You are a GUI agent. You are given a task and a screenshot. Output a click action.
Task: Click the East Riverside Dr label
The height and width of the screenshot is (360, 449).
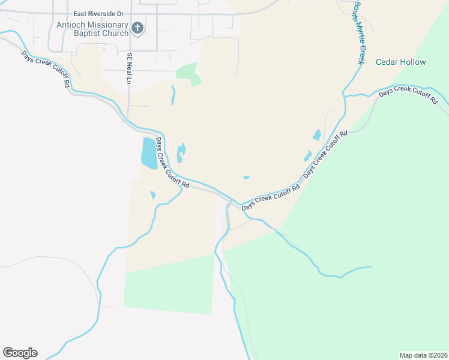click(98, 13)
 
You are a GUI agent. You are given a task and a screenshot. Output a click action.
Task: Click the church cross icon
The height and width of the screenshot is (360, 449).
click(137, 28)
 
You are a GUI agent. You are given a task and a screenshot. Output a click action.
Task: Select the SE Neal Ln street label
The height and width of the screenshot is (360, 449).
click(128, 68)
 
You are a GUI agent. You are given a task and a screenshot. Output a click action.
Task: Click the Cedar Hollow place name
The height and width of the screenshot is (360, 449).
click(400, 62)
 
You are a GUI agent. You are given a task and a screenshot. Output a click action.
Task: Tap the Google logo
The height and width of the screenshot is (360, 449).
click(20, 353)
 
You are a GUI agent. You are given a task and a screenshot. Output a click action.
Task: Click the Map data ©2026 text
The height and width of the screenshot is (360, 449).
click(423, 355)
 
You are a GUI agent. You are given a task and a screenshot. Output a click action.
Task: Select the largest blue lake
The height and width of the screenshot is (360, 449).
click(148, 154)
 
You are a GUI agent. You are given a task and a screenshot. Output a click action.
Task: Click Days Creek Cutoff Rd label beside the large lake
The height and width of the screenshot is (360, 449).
click(172, 163)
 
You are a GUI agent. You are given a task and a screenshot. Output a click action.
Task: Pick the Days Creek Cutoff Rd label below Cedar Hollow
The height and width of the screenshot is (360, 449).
click(408, 95)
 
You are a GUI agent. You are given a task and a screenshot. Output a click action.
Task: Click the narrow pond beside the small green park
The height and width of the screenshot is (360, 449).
click(173, 95)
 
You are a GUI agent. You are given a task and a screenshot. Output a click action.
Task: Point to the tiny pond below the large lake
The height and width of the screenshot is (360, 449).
click(153, 194)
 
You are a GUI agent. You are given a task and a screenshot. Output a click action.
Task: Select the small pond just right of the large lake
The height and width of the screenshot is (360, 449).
click(181, 153)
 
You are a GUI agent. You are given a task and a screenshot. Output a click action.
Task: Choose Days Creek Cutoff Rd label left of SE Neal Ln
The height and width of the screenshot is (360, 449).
click(46, 69)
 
